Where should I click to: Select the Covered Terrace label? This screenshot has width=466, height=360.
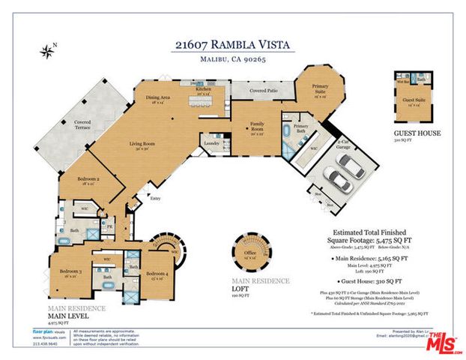click(82, 124)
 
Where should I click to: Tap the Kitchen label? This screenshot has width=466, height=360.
click(203, 89)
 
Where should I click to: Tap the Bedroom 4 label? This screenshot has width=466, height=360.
click(157, 274)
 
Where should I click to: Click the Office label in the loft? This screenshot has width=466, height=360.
click(249, 254)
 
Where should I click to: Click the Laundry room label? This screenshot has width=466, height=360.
click(211, 139)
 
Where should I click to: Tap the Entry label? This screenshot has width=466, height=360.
click(155, 198)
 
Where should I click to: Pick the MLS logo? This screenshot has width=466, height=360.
click(443, 342)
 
